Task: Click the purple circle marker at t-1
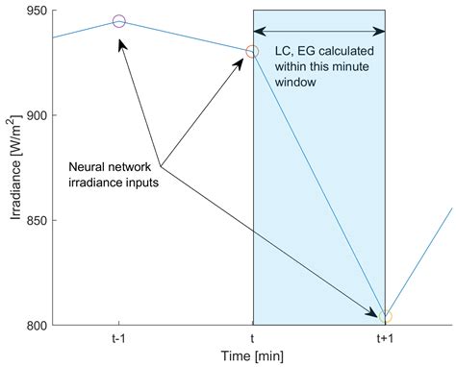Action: click(x=119, y=21)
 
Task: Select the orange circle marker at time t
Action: click(x=252, y=51)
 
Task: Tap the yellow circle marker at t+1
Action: click(x=385, y=316)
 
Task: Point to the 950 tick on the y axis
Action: click(x=37, y=11)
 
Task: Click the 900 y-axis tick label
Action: click(x=37, y=115)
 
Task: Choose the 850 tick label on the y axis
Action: click(x=37, y=220)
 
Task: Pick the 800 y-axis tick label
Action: click(x=37, y=325)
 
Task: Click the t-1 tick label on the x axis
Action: click(x=119, y=338)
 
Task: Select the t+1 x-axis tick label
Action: click(x=385, y=338)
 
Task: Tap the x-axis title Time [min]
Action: click(x=252, y=356)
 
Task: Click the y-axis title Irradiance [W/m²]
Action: click(x=13, y=168)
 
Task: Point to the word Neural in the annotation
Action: click(x=88, y=167)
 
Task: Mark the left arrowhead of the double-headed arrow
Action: click(x=258, y=31)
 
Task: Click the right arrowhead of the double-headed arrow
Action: click(x=380, y=31)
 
